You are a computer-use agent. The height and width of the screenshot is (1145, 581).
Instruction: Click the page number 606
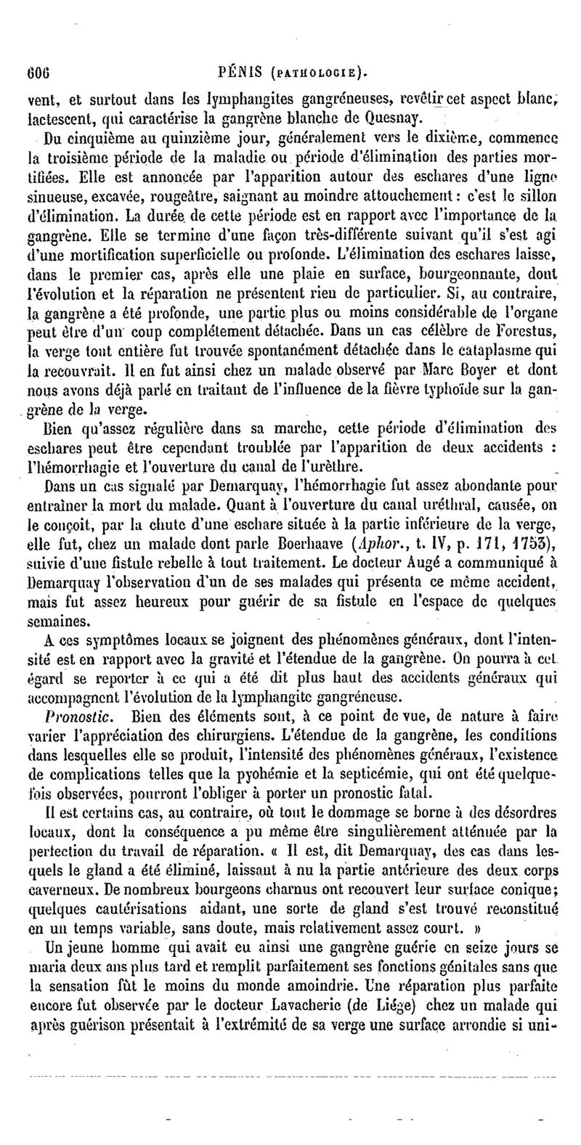[36, 73]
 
